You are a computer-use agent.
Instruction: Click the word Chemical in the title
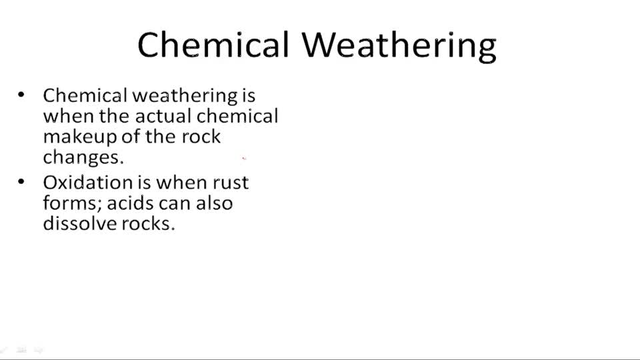click(213, 45)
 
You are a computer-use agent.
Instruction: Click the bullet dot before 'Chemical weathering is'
click(22, 95)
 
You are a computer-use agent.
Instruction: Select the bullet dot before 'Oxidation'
click(22, 181)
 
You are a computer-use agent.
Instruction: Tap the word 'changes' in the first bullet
click(82, 158)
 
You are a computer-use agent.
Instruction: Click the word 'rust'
click(231, 182)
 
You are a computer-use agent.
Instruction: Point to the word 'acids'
click(131, 203)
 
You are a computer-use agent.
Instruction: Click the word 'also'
click(214, 203)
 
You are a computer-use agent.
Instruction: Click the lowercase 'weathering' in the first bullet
click(185, 96)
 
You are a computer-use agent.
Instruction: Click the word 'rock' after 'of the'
click(201, 137)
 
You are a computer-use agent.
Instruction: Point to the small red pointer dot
click(244, 159)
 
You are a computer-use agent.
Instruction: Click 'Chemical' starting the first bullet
click(85, 95)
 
